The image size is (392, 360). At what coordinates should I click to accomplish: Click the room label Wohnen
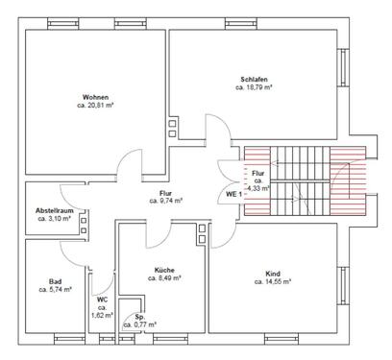[x=95, y=97]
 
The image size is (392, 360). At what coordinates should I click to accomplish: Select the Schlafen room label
[x=255, y=79]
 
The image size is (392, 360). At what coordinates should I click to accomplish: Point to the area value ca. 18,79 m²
[x=255, y=87]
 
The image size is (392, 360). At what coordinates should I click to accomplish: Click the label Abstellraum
[x=54, y=210]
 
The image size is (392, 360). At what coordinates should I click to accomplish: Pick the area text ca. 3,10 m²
[x=54, y=219]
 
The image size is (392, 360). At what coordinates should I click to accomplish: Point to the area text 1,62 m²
[x=103, y=314]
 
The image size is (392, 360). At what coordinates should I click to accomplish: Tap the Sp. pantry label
[x=140, y=316]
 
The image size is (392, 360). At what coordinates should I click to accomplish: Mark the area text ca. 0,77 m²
[x=140, y=325]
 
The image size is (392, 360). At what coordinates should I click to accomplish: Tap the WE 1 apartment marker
[x=233, y=194]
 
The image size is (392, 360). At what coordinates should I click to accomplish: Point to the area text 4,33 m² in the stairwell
[x=257, y=188]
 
